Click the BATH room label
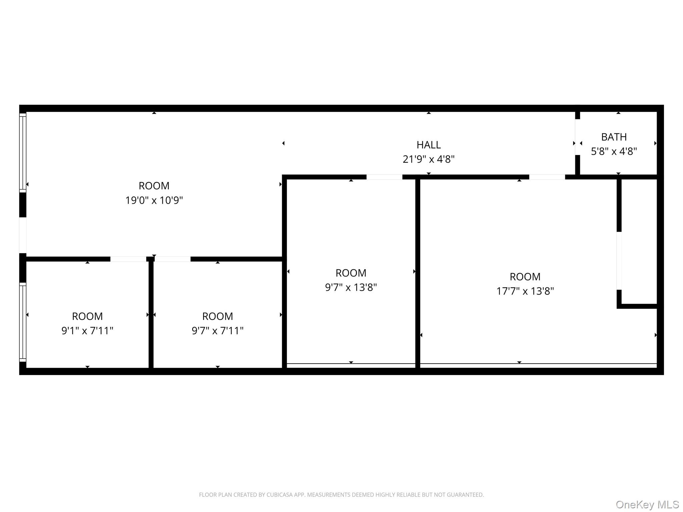[614, 137]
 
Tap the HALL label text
[429, 145]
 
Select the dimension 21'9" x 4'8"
[429, 159]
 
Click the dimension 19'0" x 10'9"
[154, 200]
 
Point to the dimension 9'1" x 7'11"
[87, 331]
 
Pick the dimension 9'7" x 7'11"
[217, 331]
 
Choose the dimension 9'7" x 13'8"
[351, 287]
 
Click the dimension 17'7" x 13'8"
[525, 291]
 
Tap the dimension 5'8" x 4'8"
[614, 152]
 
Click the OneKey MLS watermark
[647, 504]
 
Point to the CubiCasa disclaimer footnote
[341, 495]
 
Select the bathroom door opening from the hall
[577, 137]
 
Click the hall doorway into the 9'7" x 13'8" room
[385, 177]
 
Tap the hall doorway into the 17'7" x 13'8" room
[547, 177]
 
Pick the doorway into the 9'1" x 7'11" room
[128, 259]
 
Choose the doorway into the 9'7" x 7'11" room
[172, 259]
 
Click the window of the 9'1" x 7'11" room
[23, 322]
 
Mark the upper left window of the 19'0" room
[23, 153]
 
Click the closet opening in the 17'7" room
[619, 261]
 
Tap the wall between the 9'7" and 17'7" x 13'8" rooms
[418, 273]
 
